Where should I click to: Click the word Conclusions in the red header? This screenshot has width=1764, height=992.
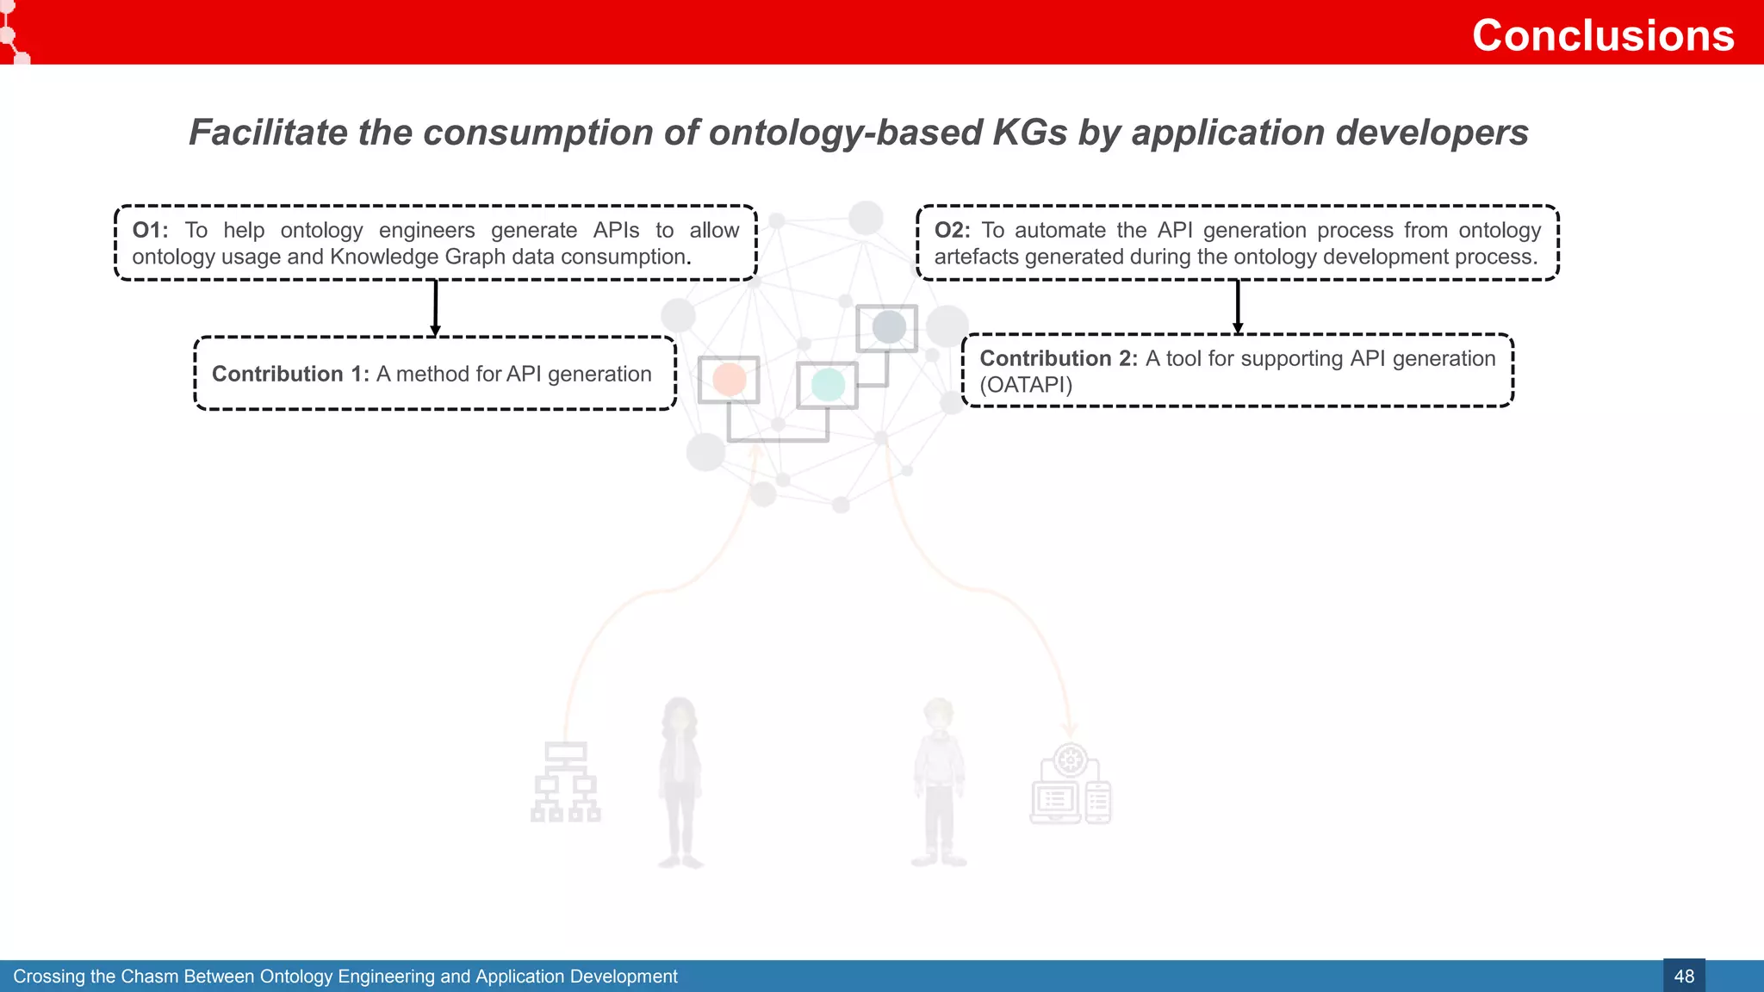point(1602,35)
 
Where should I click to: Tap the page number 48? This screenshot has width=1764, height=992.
point(1683,976)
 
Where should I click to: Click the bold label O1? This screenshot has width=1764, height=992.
point(150,230)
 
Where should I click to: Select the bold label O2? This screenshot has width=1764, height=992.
point(952,230)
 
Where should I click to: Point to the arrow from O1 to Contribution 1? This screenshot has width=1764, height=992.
point(435,307)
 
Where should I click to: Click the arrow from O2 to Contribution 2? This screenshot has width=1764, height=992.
point(1237,307)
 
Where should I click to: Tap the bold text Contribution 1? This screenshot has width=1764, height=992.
point(290,374)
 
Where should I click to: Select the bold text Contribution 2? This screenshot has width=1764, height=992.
point(1059,358)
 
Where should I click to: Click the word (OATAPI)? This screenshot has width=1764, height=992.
point(1026,385)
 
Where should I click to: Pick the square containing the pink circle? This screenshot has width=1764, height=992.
point(729,380)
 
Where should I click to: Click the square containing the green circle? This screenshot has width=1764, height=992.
point(827,385)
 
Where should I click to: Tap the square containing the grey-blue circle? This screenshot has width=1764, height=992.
point(887,327)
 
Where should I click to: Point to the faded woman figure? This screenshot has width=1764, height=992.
point(680,780)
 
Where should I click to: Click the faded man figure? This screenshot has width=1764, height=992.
point(938,780)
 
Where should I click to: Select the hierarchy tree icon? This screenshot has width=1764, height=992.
point(565,782)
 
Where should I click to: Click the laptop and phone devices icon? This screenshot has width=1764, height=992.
point(1071,785)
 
